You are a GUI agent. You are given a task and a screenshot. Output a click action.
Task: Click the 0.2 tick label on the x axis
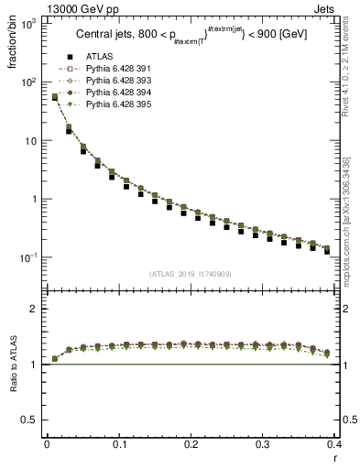[x=191, y=445]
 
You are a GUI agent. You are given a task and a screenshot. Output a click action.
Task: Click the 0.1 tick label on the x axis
[x=118, y=445]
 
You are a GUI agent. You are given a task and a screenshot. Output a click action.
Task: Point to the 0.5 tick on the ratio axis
[x=33, y=420]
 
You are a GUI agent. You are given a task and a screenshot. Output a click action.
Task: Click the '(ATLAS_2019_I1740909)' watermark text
[x=191, y=274]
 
